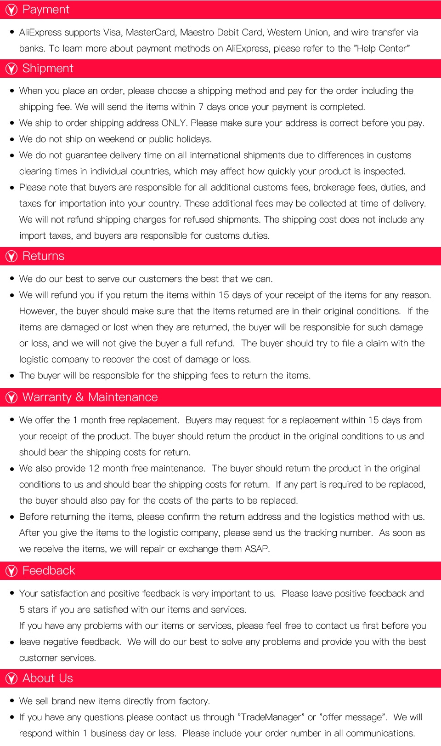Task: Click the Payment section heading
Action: point(45,10)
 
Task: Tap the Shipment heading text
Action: point(48,69)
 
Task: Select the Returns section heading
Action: point(43,256)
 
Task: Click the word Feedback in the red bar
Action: point(48,571)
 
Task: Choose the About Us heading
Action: point(47,678)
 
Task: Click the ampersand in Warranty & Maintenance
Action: point(79,397)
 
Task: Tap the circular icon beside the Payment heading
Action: point(11,10)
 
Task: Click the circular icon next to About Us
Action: point(11,678)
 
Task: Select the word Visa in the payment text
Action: point(112,32)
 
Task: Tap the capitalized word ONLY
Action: point(174,123)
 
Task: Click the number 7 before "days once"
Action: point(201,107)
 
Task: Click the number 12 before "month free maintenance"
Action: point(94,468)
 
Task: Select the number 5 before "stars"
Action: point(22,609)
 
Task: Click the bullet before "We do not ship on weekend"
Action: point(12,139)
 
